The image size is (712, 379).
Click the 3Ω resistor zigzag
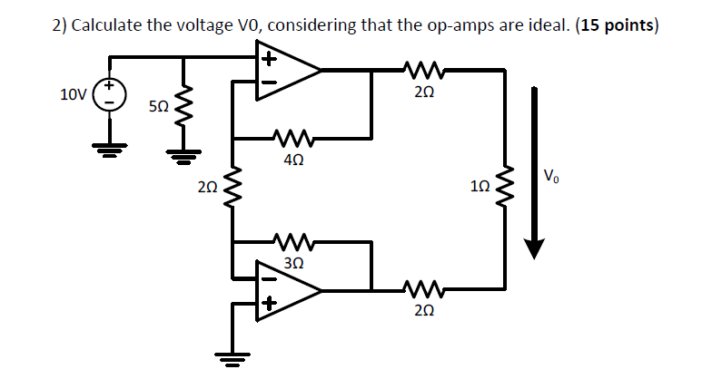click(292, 242)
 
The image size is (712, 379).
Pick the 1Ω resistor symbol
click(504, 188)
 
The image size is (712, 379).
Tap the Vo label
click(553, 175)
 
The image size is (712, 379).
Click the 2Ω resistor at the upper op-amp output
click(420, 68)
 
